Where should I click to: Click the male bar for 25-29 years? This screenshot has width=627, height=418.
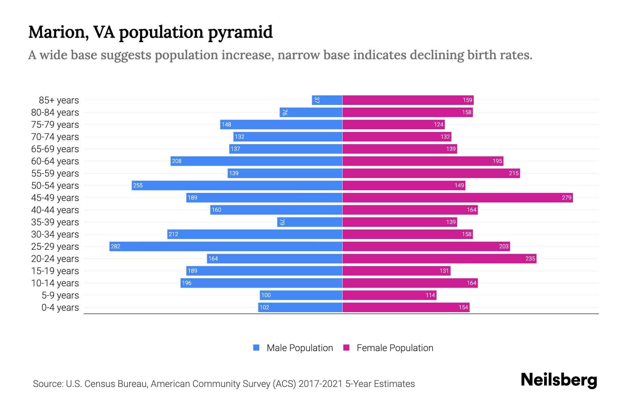click(x=226, y=246)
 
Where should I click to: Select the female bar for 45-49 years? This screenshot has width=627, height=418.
click(x=457, y=198)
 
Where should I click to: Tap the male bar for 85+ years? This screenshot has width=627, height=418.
click(x=327, y=100)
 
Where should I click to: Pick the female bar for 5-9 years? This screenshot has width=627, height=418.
click(x=389, y=295)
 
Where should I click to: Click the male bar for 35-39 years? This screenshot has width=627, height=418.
click(x=310, y=222)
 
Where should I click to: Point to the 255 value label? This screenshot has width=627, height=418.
click(x=138, y=185)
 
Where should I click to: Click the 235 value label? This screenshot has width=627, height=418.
click(x=530, y=258)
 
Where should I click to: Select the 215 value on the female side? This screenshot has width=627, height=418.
click(x=514, y=173)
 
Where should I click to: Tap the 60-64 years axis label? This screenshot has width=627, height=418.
click(x=55, y=161)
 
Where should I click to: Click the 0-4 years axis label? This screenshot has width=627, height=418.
click(x=60, y=308)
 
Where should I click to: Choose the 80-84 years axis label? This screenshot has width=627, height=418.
click(x=55, y=113)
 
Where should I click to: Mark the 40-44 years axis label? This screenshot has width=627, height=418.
click(x=55, y=210)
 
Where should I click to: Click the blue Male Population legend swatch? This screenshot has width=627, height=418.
click(x=256, y=348)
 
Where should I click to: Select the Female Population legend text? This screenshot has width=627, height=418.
click(x=395, y=348)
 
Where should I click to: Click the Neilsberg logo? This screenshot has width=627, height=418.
click(x=559, y=380)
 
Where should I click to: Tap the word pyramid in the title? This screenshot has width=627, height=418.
click(x=240, y=32)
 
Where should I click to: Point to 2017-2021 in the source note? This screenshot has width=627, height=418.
click(x=320, y=384)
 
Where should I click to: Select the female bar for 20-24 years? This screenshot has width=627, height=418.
click(x=439, y=258)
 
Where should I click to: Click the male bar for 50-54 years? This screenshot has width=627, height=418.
click(x=237, y=185)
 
